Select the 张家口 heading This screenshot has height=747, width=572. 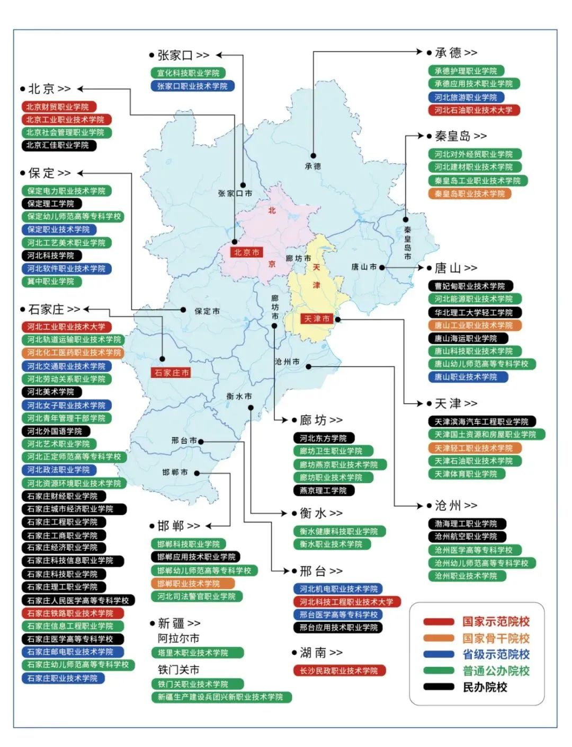click(x=175, y=55)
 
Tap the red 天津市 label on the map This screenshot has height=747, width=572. click(x=317, y=319)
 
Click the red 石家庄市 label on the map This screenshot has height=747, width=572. click(x=172, y=373)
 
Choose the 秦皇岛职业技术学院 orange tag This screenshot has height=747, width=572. click(x=469, y=194)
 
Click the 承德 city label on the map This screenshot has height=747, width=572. click(x=312, y=166)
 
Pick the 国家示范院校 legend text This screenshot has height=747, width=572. click(x=496, y=621)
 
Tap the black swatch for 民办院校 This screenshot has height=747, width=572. click(x=439, y=687)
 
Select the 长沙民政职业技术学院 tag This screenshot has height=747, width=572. click(x=338, y=671)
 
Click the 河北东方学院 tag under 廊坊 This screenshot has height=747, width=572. click(x=323, y=438)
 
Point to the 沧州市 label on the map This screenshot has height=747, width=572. click(x=287, y=362)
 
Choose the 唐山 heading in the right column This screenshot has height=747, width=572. click(x=448, y=268)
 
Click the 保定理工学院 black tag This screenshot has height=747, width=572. click(x=51, y=204)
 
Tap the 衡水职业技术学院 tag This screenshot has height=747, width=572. click(x=331, y=544)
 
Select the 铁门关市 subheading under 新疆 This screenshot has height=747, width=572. click(x=178, y=670)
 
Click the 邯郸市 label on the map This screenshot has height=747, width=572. click(x=175, y=472)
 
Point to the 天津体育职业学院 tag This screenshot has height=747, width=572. click(x=466, y=474)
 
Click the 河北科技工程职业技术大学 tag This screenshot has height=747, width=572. click(x=346, y=602)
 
